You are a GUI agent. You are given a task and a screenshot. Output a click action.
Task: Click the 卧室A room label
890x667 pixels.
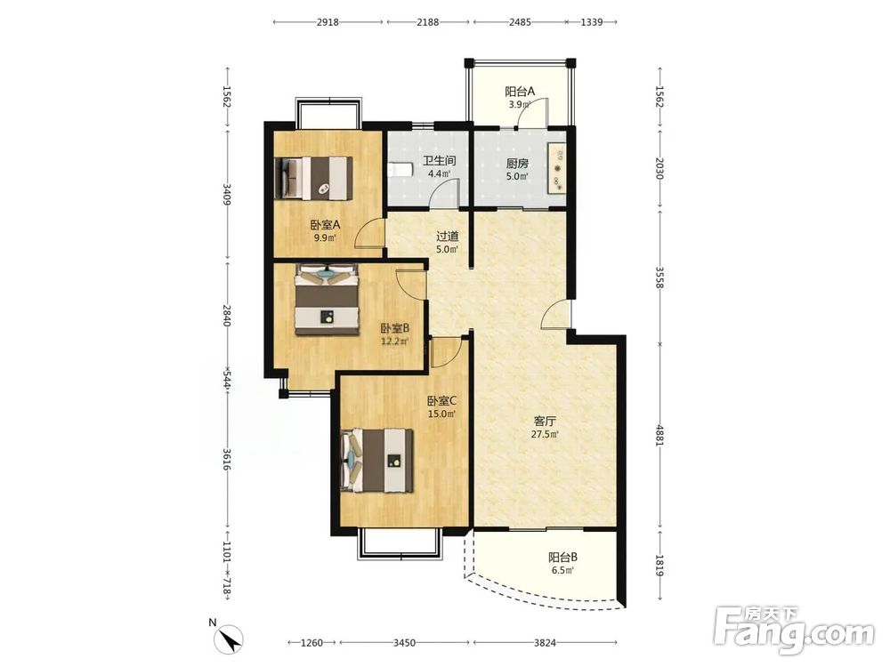(x=325, y=225)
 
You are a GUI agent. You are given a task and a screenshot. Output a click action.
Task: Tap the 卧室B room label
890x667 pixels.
(x=394, y=328)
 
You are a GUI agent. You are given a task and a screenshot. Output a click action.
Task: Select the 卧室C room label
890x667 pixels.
(x=441, y=401)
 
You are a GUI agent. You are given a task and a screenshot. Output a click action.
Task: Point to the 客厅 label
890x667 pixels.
(x=545, y=422)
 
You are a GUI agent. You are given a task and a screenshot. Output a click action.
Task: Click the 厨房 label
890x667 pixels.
(x=517, y=164)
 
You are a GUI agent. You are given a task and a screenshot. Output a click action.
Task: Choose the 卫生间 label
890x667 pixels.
(x=439, y=161)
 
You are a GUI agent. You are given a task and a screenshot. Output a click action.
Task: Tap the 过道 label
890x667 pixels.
(x=447, y=237)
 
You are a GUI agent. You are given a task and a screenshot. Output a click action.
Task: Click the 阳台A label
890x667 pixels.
(x=520, y=92)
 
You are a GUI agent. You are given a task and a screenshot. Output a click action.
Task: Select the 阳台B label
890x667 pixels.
(x=562, y=558)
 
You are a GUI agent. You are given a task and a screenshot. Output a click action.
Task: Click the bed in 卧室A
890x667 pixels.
(x=314, y=178)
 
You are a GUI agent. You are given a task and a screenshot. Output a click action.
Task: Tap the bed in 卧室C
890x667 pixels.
(x=376, y=461)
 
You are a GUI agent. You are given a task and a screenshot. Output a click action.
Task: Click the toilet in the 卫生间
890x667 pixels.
(x=400, y=170)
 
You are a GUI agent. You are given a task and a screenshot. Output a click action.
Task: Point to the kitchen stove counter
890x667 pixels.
(x=556, y=168)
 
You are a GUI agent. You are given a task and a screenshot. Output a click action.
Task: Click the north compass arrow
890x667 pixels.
(x=230, y=639)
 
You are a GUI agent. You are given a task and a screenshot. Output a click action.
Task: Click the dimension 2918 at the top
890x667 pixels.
(x=328, y=22)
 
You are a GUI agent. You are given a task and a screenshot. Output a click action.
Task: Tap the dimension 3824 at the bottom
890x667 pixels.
(x=545, y=643)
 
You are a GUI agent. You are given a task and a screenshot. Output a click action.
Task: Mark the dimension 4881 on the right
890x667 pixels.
(x=659, y=436)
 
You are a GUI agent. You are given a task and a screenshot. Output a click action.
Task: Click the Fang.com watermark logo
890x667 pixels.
(x=794, y=629)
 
